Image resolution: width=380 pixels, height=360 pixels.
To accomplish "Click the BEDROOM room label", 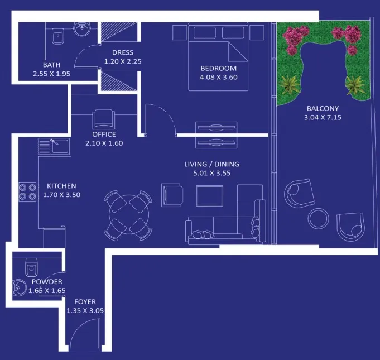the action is (218, 68).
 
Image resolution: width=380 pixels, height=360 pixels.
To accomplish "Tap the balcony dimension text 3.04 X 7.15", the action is (323, 118).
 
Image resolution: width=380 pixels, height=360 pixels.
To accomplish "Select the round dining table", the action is (129, 215).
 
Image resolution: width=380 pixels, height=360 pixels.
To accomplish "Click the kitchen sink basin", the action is (60, 146).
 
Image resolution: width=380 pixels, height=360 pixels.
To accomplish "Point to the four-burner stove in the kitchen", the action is (28, 191).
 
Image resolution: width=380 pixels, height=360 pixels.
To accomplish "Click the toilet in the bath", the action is (58, 36).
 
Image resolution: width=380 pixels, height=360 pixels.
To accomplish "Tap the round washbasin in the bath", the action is (82, 29).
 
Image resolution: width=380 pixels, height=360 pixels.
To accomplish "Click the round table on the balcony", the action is (319, 218).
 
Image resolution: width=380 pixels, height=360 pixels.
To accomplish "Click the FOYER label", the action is (85, 302).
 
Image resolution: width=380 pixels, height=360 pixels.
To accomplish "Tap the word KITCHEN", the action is (61, 186).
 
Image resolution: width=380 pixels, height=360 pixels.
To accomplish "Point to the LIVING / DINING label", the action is (212, 164).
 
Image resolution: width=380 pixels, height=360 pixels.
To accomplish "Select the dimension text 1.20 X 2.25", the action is (123, 61).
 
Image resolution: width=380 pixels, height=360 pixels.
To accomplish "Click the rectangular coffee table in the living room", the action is (210, 196).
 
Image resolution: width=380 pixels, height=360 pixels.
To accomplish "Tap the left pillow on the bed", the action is (205, 33).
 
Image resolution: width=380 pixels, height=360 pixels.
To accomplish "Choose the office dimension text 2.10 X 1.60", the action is (104, 143).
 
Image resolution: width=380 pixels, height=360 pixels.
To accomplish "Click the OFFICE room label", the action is (104, 135).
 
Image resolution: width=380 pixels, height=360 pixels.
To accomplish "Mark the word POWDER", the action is (47, 282).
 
